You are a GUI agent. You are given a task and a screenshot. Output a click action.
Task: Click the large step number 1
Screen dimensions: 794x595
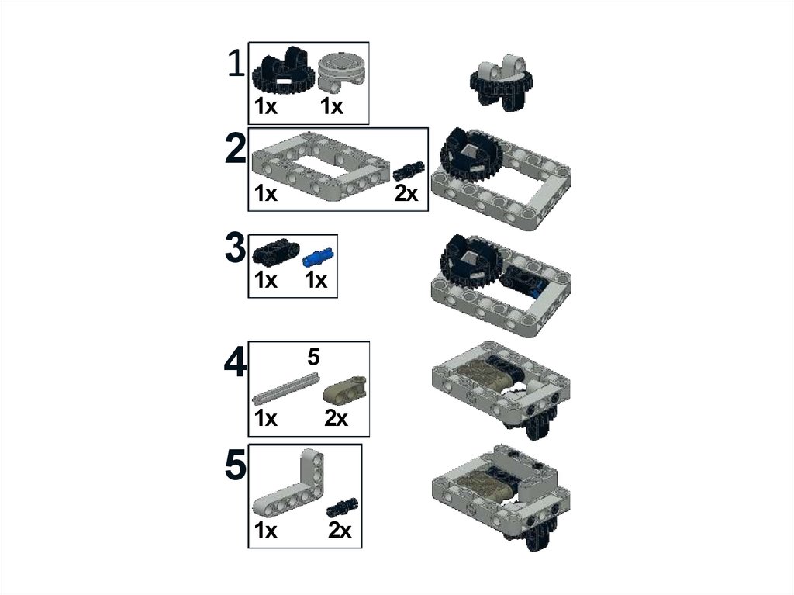point(236,64)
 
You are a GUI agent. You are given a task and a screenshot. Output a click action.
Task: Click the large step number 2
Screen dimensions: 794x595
point(236,147)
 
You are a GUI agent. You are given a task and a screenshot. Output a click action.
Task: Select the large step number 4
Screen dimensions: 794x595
point(236,362)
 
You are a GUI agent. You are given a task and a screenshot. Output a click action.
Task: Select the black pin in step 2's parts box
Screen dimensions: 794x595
point(408,171)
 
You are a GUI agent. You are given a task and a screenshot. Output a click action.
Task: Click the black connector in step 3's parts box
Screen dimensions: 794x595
point(276,252)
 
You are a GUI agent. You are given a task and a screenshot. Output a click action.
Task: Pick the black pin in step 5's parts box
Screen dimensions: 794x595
point(343,508)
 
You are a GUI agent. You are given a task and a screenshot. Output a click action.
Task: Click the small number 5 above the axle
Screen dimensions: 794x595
point(313,358)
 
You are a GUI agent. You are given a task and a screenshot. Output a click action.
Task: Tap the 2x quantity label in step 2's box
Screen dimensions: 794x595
point(406,193)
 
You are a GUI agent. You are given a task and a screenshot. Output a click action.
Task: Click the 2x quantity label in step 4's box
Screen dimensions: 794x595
point(337,419)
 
